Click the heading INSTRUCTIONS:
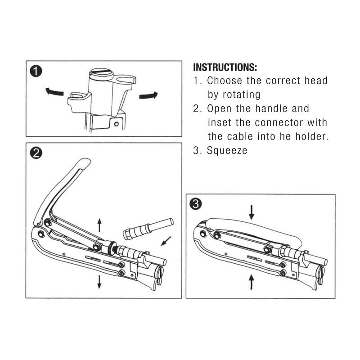click(225, 68)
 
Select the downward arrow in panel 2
click(99, 282)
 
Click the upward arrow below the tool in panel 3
click(252, 283)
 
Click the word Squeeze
click(227, 151)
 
